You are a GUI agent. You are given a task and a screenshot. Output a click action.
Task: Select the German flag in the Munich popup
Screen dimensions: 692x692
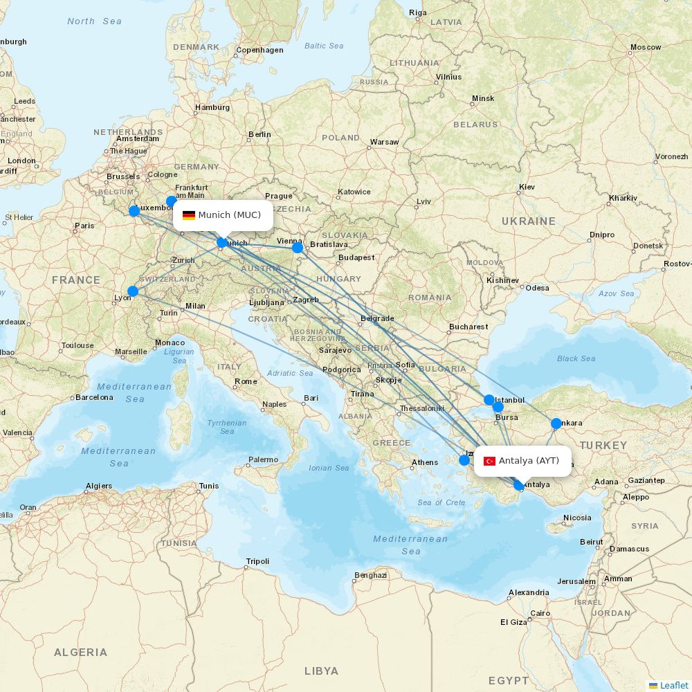coord(188,215)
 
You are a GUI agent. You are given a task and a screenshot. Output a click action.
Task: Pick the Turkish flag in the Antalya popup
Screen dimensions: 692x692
coord(489,461)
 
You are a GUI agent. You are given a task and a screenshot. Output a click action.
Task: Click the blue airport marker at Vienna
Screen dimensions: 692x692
coord(298,247)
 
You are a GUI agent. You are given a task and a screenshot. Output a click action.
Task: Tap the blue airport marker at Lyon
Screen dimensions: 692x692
coord(133,291)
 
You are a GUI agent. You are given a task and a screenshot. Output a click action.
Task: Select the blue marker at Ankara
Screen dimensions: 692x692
coord(556,424)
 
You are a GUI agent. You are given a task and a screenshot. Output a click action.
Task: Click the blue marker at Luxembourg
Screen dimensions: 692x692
coord(134,211)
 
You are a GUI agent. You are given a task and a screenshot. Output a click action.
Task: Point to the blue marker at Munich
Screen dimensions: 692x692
coord(222,242)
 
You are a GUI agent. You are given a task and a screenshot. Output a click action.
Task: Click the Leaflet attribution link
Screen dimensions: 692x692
coord(673,685)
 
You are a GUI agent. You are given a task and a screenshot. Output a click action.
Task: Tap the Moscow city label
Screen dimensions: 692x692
coord(645,48)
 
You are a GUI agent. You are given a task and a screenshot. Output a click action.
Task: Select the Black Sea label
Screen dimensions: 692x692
coord(576,358)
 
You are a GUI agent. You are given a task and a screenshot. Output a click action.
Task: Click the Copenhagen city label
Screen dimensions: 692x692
coord(259,50)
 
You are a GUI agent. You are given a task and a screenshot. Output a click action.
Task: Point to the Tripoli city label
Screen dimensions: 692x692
coord(257,561)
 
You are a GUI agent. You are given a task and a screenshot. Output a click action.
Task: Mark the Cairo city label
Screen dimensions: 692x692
coord(540,614)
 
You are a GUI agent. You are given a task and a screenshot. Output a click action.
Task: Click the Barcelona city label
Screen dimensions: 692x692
coord(94,397)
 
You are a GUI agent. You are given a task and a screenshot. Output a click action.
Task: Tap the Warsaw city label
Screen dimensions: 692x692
coord(384,142)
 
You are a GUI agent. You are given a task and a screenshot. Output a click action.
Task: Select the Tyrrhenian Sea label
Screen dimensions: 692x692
coord(227,427)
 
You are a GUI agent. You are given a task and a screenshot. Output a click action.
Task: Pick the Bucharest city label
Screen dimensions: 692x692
coord(468,327)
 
